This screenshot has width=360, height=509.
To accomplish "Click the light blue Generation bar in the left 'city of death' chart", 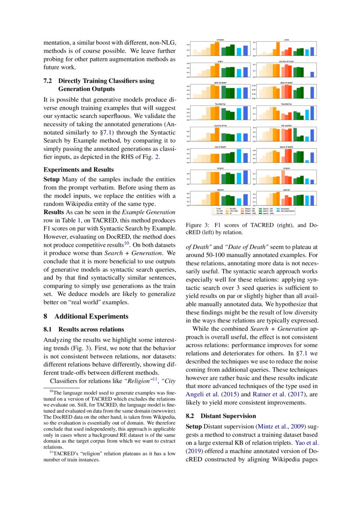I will click(x=239, y=155).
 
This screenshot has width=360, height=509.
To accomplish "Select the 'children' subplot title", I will click(x=220, y=40).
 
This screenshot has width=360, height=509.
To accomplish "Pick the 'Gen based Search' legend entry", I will click(x=287, y=211).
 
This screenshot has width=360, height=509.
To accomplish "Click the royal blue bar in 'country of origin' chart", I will click(x=312, y=74).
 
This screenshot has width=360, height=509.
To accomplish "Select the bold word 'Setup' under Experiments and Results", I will click(x=52, y=179).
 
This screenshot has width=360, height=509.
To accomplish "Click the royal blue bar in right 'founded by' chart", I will click(x=312, y=113).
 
